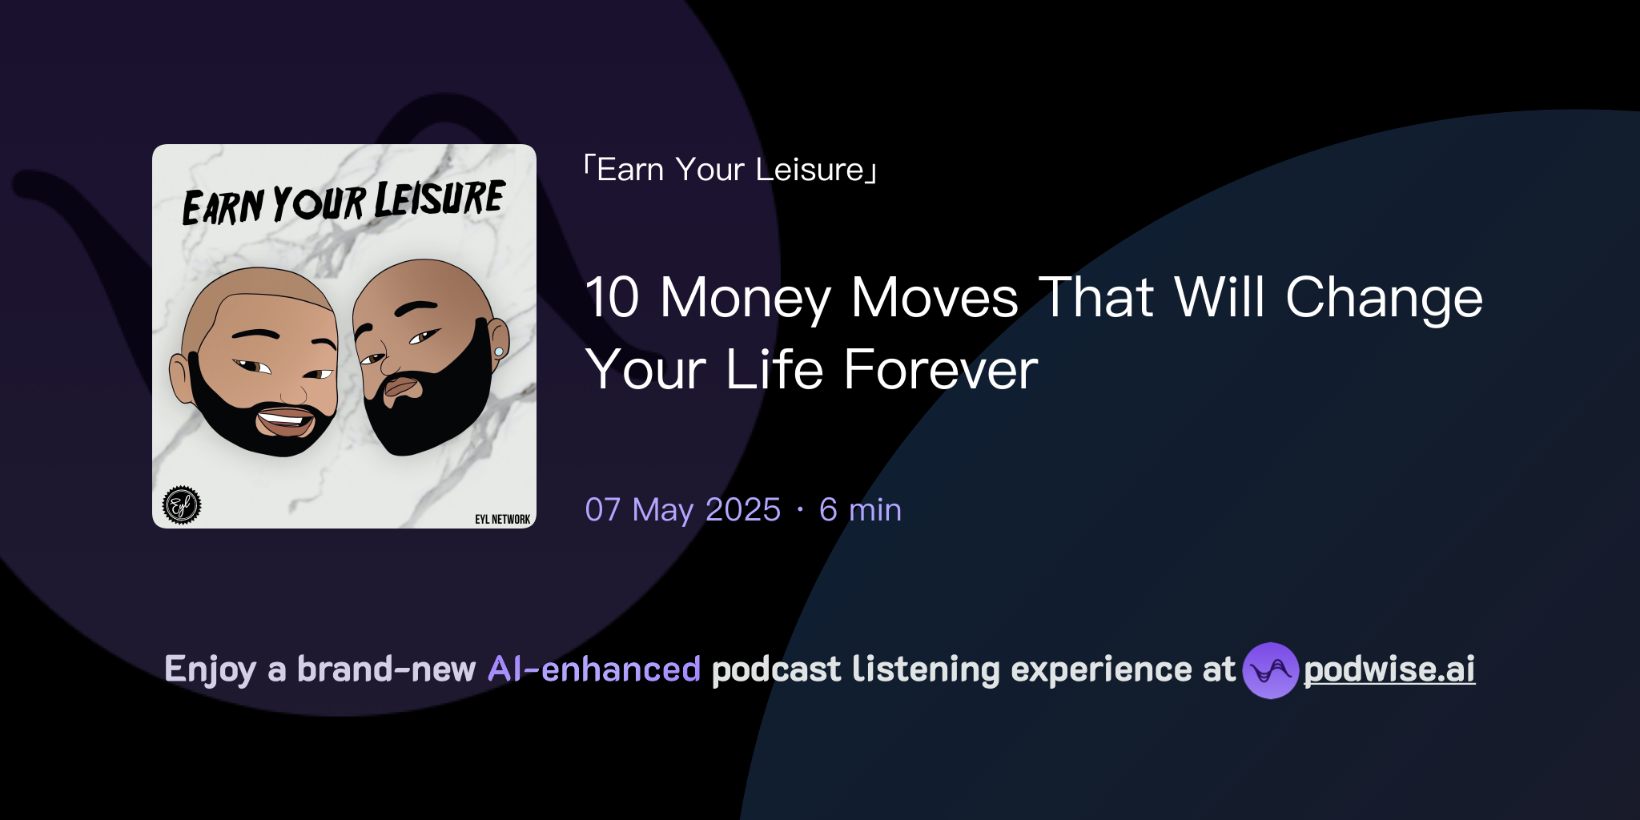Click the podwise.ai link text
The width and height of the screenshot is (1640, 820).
click(1389, 669)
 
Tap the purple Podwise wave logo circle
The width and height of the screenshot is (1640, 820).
click(1270, 670)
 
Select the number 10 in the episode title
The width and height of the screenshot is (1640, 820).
click(613, 298)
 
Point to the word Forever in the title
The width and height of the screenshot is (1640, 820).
click(940, 370)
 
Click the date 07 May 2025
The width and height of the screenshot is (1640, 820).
click(682, 510)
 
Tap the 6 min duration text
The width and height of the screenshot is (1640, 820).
click(860, 510)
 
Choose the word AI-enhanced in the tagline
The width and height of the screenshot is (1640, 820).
click(594, 669)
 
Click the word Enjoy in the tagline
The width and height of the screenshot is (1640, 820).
click(210, 670)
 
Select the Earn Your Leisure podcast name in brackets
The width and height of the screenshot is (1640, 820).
click(730, 170)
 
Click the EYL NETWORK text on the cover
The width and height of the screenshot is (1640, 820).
click(502, 520)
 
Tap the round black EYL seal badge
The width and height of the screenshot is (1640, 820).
click(182, 505)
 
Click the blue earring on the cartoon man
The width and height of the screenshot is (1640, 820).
click(499, 352)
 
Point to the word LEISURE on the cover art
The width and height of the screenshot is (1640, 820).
click(440, 199)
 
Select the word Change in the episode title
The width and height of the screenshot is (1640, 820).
click(1384, 299)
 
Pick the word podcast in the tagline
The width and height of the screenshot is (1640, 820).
click(775, 669)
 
